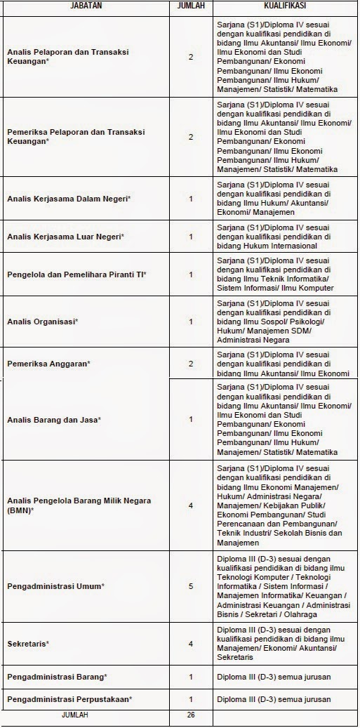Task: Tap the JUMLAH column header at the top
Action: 191,6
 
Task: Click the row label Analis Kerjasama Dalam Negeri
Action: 69,199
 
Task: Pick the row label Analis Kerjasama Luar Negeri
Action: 65,237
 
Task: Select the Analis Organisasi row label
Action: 42,322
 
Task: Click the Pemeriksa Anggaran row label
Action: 49,364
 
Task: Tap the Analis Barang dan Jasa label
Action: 54,420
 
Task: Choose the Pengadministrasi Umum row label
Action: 55,586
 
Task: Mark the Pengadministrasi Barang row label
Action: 57,677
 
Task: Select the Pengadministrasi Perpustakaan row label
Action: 69,699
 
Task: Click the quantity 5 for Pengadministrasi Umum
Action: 191,586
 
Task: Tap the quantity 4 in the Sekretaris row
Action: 191,644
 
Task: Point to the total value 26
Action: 191,715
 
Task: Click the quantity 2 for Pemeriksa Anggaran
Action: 191,364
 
